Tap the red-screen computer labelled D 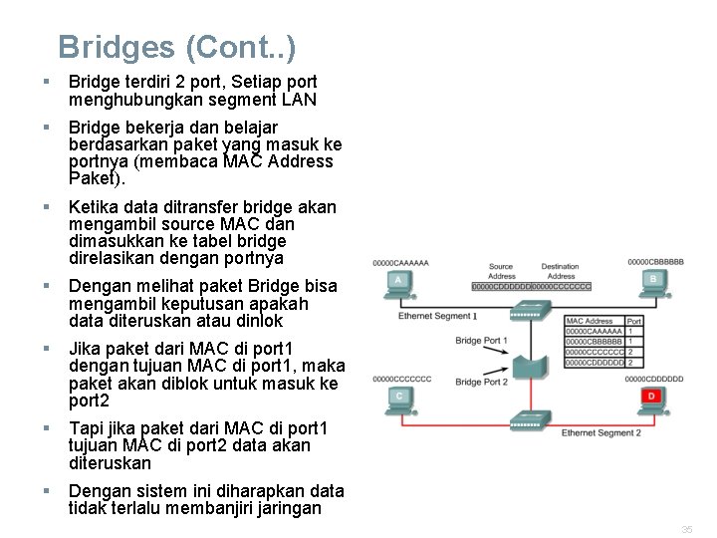tap(653, 400)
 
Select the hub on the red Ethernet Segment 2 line tap(528, 420)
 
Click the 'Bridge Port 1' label tap(481, 341)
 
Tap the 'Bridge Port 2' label tap(481, 382)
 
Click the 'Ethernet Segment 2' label tap(600, 433)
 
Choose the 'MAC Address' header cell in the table tap(591, 321)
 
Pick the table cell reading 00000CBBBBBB tap(595, 341)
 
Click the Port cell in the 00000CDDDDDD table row tap(631, 362)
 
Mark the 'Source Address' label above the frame tap(501, 271)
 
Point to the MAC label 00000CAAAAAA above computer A tap(400, 263)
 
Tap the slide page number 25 tap(687, 529)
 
